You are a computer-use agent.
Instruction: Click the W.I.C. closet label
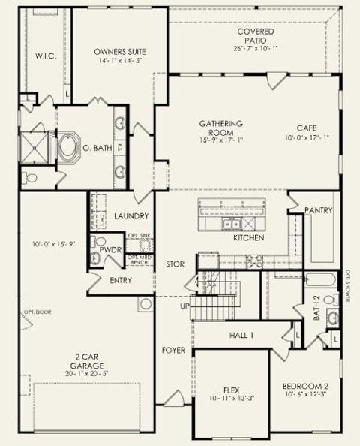(x=42, y=56)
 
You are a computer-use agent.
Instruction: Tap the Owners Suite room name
(x=120, y=52)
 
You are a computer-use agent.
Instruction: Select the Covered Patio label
(x=255, y=32)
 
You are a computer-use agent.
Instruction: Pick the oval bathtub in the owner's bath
(x=68, y=147)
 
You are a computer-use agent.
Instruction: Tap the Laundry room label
(x=131, y=216)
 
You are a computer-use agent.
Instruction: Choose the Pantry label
(x=318, y=211)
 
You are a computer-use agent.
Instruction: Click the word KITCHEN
(x=248, y=237)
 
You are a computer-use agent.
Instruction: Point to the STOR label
(x=175, y=264)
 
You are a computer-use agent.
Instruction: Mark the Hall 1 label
(x=241, y=335)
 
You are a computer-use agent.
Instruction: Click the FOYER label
(x=174, y=351)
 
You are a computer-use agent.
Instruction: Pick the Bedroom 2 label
(x=304, y=387)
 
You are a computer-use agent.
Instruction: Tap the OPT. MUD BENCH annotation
(x=140, y=260)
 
